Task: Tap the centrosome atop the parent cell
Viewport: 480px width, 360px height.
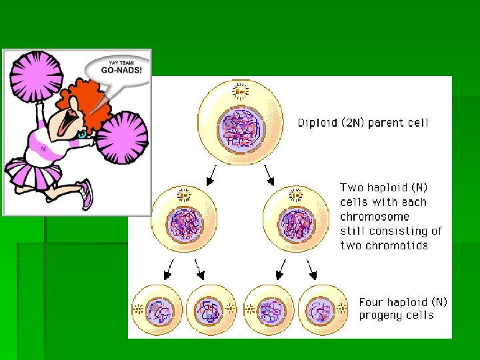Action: tap(239, 90)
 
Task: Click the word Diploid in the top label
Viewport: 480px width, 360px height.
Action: tap(317, 123)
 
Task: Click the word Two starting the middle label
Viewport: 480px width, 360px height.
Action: tap(352, 188)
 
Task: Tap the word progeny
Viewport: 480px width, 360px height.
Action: tap(382, 316)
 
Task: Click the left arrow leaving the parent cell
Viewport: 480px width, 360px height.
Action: tap(211, 175)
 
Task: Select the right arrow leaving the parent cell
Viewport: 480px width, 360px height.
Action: tap(269, 175)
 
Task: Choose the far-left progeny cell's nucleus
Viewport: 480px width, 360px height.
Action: tap(159, 311)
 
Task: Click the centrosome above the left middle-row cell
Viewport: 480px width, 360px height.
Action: tap(183, 195)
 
